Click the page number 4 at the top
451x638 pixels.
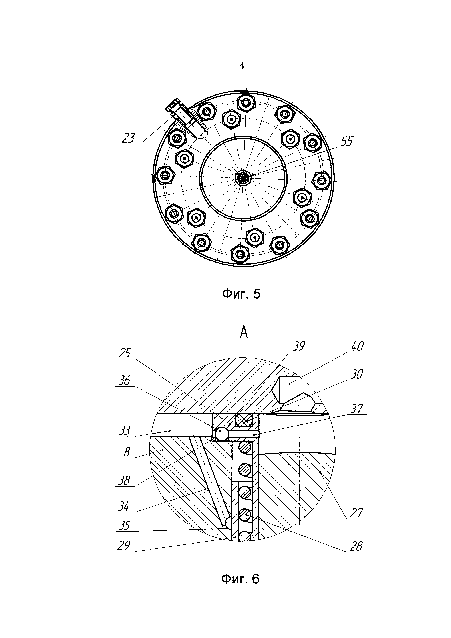pyautogui.click(x=242, y=66)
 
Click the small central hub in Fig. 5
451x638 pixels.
pyautogui.click(x=243, y=177)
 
